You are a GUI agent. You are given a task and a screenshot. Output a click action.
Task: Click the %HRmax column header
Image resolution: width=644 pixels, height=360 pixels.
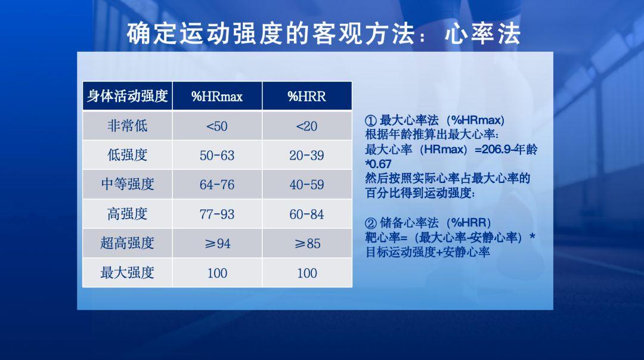[x=217, y=97]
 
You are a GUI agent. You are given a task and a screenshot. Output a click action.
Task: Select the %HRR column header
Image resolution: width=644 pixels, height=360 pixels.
[x=306, y=97]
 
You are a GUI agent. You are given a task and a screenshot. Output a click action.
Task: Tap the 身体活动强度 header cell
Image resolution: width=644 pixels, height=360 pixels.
[x=127, y=97]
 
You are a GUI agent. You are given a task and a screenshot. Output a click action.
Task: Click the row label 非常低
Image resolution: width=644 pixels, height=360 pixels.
[x=127, y=126]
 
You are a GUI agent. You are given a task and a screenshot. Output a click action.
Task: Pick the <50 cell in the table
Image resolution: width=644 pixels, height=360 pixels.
[x=217, y=126]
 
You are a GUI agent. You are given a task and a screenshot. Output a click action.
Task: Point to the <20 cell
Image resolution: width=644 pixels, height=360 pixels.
[x=306, y=126]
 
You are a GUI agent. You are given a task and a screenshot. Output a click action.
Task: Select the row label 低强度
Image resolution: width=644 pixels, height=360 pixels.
[x=127, y=156]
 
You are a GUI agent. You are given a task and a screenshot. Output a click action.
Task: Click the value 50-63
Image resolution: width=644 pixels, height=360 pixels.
[x=217, y=156]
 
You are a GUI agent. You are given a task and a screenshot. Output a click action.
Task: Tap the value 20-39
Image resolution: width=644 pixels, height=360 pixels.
[x=306, y=156]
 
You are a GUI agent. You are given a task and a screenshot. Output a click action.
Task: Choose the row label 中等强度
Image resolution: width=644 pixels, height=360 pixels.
[x=127, y=185]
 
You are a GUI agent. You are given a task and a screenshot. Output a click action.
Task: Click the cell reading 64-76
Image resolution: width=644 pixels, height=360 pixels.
[x=217, y=185]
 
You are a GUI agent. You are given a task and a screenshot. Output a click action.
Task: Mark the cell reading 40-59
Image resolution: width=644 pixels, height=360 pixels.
[x=306, y=185]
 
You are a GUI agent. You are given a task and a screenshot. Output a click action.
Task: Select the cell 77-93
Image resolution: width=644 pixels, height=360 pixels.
[x=217, y=214]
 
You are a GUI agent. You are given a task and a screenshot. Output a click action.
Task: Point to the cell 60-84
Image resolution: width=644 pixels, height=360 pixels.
[x=306, y=214]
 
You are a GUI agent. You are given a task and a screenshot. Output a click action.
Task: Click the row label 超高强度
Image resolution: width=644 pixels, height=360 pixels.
[x=127, y=243]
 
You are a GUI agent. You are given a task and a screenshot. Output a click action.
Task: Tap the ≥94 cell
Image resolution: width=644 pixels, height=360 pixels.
[x=217, y=243]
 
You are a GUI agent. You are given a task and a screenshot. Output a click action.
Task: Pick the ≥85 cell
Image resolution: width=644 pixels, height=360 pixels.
[x=306, y=243]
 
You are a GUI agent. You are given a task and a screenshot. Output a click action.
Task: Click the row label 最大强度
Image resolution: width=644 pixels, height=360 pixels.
[x=127, y=273]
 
